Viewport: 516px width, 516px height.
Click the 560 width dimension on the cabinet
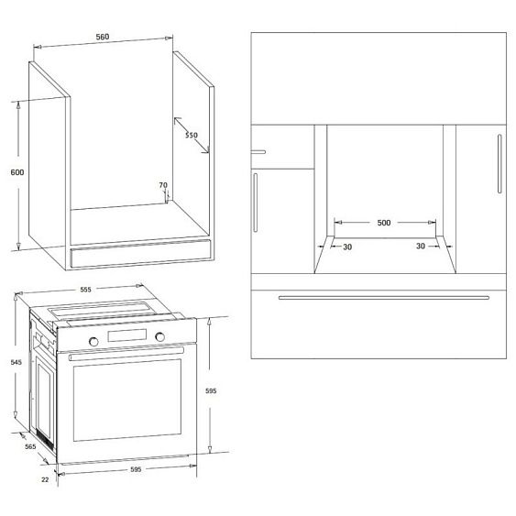[103, 37]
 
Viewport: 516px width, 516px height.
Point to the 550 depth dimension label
[191, 136]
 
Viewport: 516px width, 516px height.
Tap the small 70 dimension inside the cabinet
[162, 186]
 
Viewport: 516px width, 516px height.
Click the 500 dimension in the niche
[384, 223]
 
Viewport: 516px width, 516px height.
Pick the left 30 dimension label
[346, 246]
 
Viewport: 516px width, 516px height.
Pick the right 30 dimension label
[421, 246]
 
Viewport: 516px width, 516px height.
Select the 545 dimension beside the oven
[16, 362]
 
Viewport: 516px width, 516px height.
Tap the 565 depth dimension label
[29, 446]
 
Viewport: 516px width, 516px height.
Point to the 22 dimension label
[45, 478]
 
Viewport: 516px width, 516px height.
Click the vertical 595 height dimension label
[211, 391]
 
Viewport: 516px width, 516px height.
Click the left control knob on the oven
[93, 341]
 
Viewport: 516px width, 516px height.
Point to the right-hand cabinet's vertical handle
[499, 165]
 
